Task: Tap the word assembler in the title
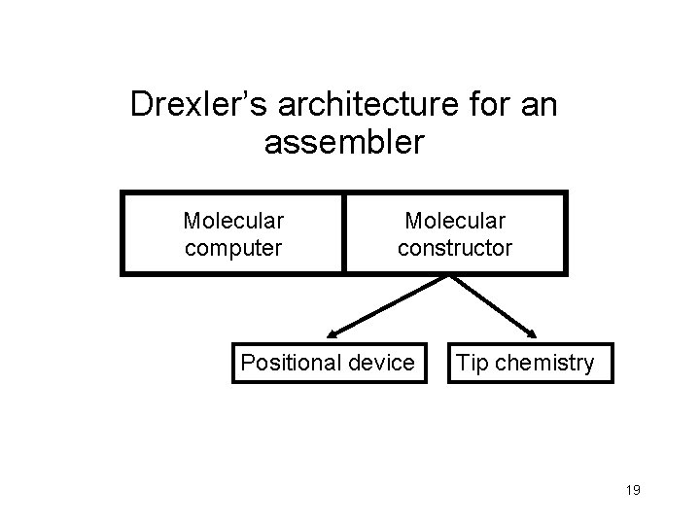pos(344,143)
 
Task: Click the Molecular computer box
pos(233,234)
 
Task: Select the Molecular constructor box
pos(455,234)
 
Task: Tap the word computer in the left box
pos(233,248)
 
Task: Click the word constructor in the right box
pos(454,248)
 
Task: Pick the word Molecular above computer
pos(233,222)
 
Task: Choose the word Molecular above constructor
pos(454,222)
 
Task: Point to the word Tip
pos(472,364)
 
